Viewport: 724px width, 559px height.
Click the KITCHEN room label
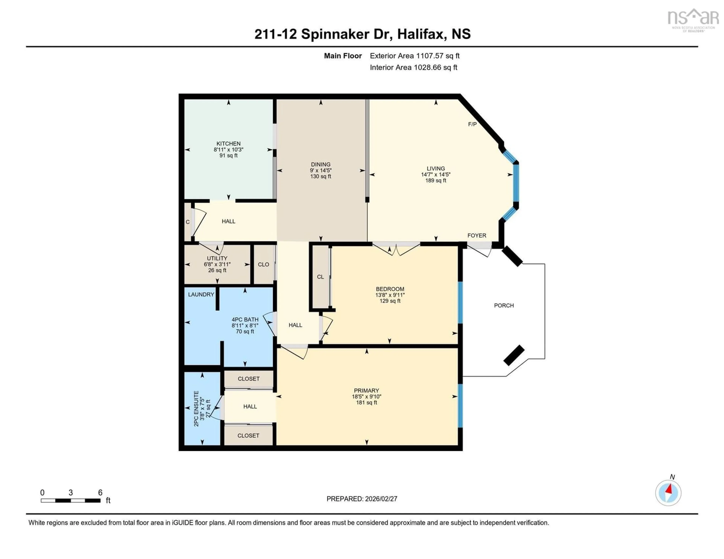[x=228, y=143]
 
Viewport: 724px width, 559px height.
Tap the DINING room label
[x=321, y=164]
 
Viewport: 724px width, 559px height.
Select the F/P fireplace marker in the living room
[x=472, y=124]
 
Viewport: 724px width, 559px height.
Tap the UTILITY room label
[x=217, y=258]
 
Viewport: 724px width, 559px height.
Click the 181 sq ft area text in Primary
[x=366, y=403]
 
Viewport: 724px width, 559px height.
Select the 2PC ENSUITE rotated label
[x=196, y=409]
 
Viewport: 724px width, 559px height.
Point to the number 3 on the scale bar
[x=71, y=493]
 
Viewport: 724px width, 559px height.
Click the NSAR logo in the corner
[x=693, y=20]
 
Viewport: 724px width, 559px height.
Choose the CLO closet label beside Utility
[x=264, y=264]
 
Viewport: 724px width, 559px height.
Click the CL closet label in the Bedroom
[x=320, y=277]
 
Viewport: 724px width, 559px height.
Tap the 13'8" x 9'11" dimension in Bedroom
[x=390, y=295]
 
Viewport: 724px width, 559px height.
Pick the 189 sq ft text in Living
[x=436, y=181]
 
